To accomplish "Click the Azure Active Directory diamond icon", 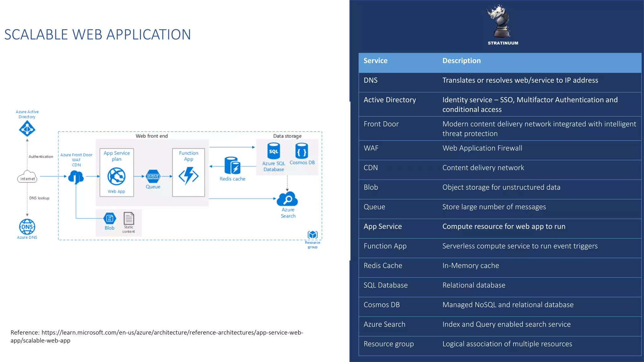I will pyautogui.click(x=27, y=129).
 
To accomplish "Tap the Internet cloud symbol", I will pyautogui.click(x=27, y=177).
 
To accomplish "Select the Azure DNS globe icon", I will pyautogui.click(x=27, y=227).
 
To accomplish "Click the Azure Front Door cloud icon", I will pyautogui.click(x=76, y=177).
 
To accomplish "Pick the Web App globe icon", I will pyautogui.click(x=116, y=176).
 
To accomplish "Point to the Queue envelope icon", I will pyautogui.click(x=153, y=176).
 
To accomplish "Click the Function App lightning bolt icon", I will pyautogui.click(x=188, y=176).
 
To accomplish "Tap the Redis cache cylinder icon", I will pyautogui.click(x=232, y=166).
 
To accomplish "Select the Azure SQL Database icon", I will pyautogui.click(x=273, y=151).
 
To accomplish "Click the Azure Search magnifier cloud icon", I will pyautogui.click(x=287, y=199).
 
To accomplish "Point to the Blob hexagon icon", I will pyautogui.click(x=110, y=218).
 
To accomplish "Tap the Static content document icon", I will pyautogui.click(x=129, y=218).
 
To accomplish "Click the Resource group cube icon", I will pyautogui.click(x=313, y=234).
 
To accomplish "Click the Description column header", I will pyautogui.click(x=461, y=61).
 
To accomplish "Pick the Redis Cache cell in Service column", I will pyautogui.click(x=383, y=266).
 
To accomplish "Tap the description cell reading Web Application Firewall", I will pyautogui.click(x=482, y=148).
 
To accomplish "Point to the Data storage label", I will pyautogui.click(x=287, y=136).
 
